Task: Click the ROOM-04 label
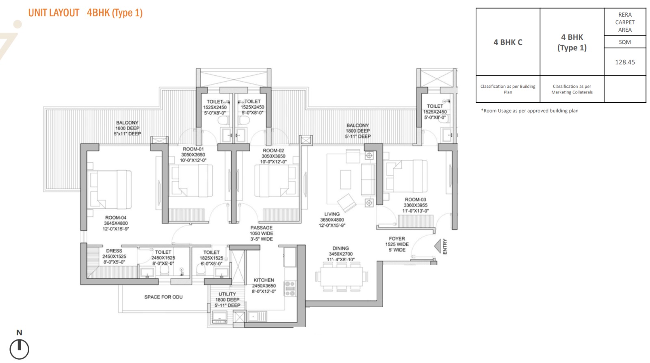(x=116, y=217)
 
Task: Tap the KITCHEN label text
(x=264, y=280)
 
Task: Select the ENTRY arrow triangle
(x=438, y=246)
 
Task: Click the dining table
(x=342, y=276)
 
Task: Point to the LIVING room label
(x=332, y=214)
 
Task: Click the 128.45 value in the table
(x=625, y=62)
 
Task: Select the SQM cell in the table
(x=625, y=42)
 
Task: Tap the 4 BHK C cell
(x=508, y=42)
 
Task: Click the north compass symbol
(x=19, y=349)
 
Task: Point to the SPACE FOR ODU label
(x=163, y=297)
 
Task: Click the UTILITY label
(x=227, y=294)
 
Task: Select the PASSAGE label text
(x=262, y=228)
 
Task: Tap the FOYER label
(x=397, y=239)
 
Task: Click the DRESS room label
(x=114, y=251)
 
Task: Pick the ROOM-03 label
(x=416, y=200)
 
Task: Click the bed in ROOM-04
(x=109, y=190)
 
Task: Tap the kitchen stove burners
(x=290, y=289)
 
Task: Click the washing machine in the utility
(x=220, y=317)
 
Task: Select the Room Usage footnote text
(x=530, y=111)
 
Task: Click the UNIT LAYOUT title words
(x=54, y=13)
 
